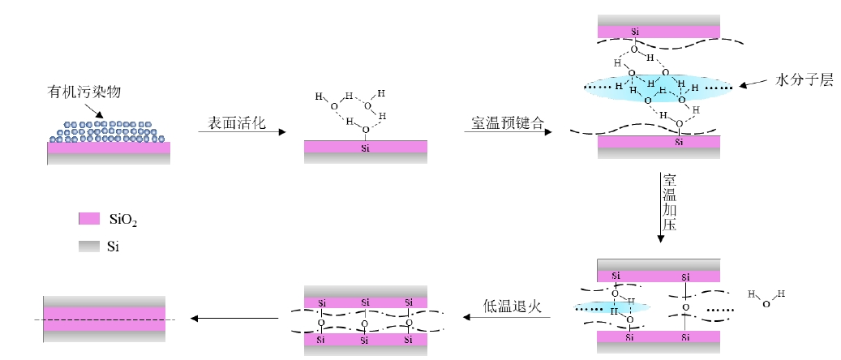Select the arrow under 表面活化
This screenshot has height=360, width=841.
[242, 132]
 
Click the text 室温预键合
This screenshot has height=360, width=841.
[503, 122]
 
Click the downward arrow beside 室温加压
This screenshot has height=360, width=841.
[661, 206]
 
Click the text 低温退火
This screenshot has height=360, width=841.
[511, 306]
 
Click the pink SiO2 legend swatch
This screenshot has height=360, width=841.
[88, 219]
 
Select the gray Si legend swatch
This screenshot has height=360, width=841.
[88, 244]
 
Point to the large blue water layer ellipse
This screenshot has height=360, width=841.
[657, 87]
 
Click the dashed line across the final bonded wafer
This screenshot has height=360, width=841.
[105, 319]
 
